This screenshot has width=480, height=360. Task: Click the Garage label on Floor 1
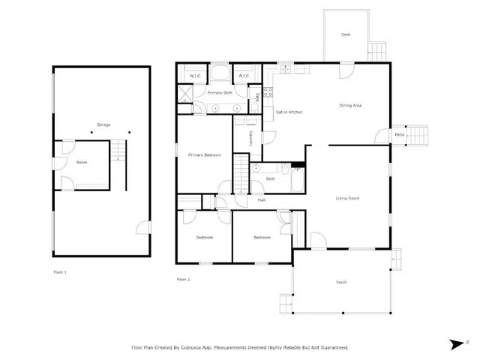103,124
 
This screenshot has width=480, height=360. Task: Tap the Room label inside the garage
82,162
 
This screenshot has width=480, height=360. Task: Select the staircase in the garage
118,153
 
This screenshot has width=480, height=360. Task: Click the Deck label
346,34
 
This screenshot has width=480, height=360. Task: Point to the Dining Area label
351,106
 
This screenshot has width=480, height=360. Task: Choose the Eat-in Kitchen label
289,112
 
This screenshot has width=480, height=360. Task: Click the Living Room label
347,198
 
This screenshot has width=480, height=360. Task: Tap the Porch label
341,282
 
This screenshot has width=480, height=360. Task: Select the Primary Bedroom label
204,154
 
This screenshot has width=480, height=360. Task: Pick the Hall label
262,199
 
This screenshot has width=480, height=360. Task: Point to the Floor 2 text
184,279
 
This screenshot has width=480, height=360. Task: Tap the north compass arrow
455,345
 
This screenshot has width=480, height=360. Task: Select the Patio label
400,135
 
